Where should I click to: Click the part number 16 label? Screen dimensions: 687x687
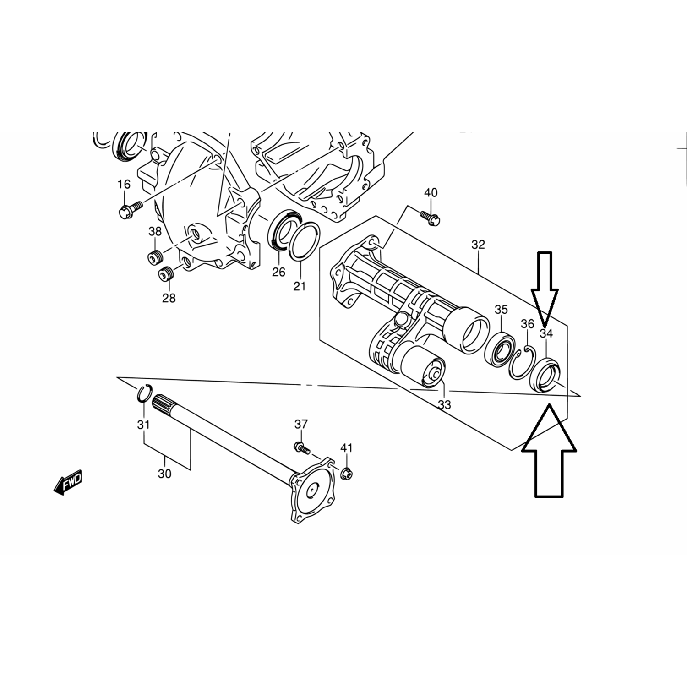(x=124, y=184)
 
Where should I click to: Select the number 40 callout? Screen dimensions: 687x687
(x=431, y=193)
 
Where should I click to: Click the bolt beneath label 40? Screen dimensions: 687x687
(x=430, y=218)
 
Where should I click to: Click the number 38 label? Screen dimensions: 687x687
(x=155, y=232)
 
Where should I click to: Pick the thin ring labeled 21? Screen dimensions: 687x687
(x=301, y=246)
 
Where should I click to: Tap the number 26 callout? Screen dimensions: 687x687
(x=278, y=272)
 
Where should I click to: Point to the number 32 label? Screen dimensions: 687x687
(x=478, y=245)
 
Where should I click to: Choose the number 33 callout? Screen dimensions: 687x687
(x=444, y=405)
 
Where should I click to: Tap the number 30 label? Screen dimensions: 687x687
(x=164, y=474)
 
